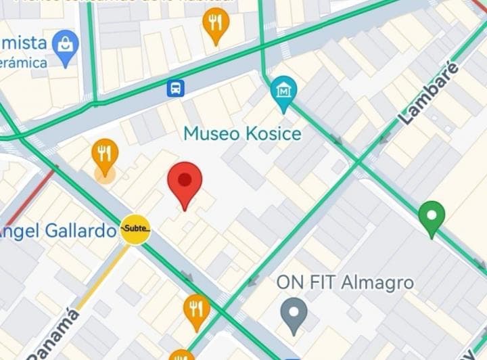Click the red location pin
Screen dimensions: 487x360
185,182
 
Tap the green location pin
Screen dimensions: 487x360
432,217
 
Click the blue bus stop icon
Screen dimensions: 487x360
176,87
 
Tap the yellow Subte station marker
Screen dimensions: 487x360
135,230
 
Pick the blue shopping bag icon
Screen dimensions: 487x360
65,45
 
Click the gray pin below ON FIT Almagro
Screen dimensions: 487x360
294,313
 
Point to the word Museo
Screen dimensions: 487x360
211,134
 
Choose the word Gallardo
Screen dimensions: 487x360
82,231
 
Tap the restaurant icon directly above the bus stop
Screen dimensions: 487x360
216,24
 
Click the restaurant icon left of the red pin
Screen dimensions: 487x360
105,154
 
